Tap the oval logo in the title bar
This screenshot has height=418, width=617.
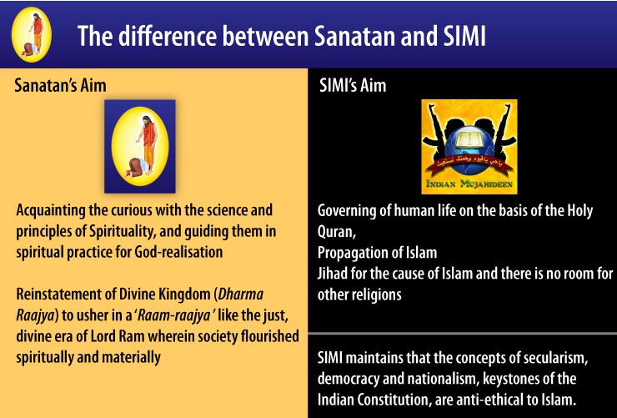32,35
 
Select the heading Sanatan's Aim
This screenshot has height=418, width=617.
60,85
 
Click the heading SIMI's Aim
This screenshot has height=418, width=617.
353,85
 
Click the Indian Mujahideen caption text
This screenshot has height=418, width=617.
469,184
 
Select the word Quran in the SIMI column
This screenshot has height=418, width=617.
335,232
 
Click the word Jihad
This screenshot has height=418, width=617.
332,273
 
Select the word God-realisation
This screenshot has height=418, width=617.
178,252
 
